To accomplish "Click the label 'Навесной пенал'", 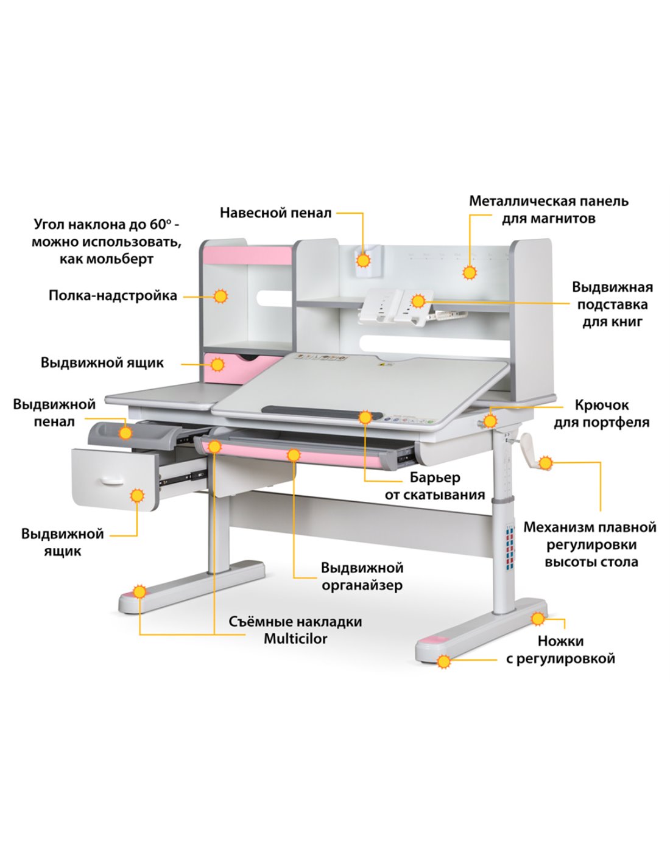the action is click(x=275, y=213).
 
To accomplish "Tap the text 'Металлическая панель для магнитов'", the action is click(x=548, y=209).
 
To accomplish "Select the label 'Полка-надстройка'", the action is click(x=113, y=296).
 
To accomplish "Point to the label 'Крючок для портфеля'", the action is click(x=601, y=414).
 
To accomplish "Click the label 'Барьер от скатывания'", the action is click(x=435, y=486).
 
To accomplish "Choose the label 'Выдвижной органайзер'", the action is click(x=362, y=576).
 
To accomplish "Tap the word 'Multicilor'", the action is click(x=295, y=639).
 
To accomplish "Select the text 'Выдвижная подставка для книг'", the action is click(x=613, y=304).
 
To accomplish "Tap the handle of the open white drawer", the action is click(x=113, y=481).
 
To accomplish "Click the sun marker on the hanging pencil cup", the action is click(x=363, y=261).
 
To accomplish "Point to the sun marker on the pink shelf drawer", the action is click(x=217, y=365).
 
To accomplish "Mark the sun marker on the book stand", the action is click(x=418, y=301).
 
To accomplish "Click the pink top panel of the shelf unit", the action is click(x=247, y=256).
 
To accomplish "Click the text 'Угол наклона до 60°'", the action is click(x=107, y=225).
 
